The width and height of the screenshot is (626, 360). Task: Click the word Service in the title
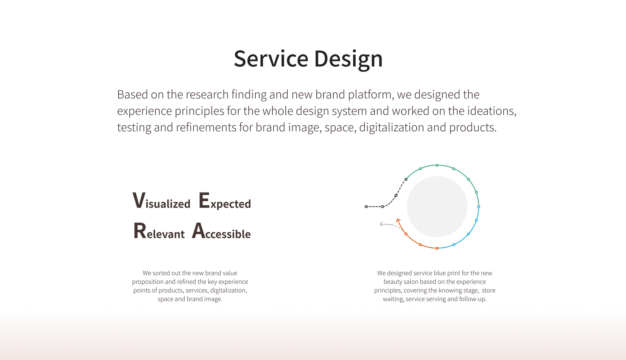pos(271,59)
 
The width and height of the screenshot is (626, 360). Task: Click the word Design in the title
pos(348,59)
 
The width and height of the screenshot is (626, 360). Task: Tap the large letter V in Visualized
pos(139,200)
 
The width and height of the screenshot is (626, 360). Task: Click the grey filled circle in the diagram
pos(437,207)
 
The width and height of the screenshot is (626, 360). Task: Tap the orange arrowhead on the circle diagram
pos(398,221)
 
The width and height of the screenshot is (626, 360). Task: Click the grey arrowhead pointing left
pos(382,224)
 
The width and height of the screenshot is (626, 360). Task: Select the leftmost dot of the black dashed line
pos(366,207)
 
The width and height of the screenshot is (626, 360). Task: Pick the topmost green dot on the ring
pos(437,165)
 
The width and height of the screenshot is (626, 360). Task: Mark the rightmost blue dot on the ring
pos(479,207)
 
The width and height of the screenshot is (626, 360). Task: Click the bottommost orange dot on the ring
pos(437,248)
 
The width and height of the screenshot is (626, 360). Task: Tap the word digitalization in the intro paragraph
pos(392,128)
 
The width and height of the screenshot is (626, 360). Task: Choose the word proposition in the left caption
pos(148,282)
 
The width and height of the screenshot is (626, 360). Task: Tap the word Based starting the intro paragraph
pos(132,95)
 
